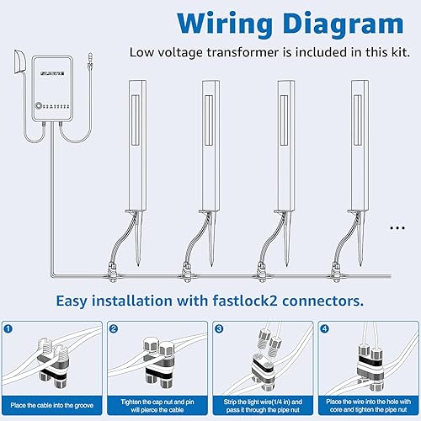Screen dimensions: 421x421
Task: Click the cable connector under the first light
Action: [112, 271]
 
